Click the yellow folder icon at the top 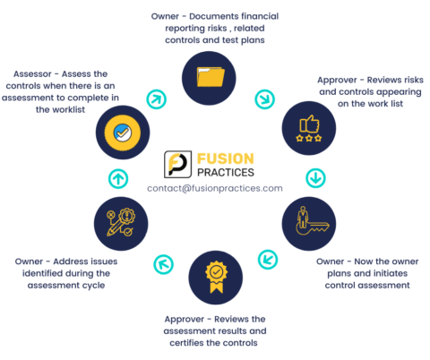(209, 75)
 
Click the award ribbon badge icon (215, 273)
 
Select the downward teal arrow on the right (314, 177)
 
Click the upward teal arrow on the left (118, 177)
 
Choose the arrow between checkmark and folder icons (156, 97)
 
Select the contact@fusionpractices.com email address (214, 189)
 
